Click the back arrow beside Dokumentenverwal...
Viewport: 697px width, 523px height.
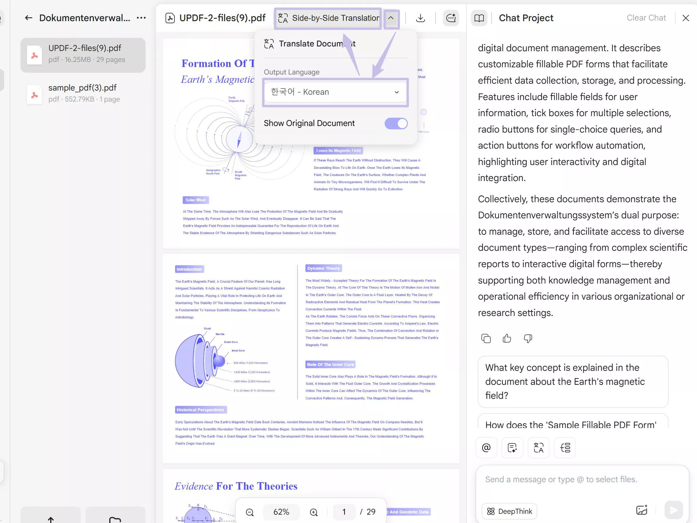click(x=29, y=18)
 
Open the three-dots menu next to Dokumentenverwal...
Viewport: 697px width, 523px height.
click(x=141, y=18)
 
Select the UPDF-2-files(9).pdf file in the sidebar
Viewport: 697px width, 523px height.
click(x=83, y=54)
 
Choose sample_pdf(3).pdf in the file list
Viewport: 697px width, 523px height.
click(x=83, y=93)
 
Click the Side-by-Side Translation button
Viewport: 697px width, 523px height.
click(x=328, y=18)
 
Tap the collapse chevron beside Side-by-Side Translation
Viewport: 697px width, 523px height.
click(x=391, y=18)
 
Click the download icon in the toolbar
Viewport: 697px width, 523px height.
click(x=420, y=18)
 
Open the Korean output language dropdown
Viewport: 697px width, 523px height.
click(x=335, y=92)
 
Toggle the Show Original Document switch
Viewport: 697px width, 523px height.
click(x=396, y=123)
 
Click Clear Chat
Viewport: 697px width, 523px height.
click(x=646, y=18)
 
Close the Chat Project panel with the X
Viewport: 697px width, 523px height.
click(x=686, y=18)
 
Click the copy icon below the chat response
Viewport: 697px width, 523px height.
click(x=486, y=339)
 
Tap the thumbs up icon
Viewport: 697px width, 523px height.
click(x=507, y=339)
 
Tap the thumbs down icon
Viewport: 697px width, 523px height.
click(x=528, y=339)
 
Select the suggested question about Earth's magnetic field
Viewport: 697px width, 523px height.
click(x=573, y=382)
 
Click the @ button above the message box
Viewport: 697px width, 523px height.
click(x=486, y=447)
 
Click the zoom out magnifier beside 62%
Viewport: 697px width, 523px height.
click(x=250, y=512)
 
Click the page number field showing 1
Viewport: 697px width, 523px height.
click(x=344, y=512)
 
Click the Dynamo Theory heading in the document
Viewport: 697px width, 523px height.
click(x=323, y=268)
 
